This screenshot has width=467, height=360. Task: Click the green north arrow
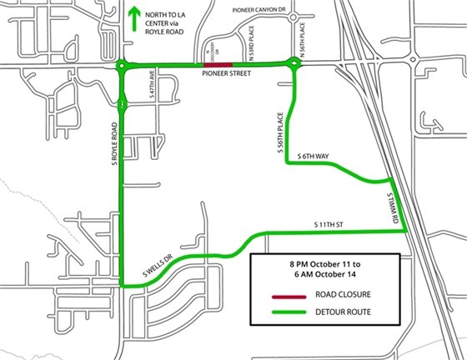pyautogui.click(x=133, y=19)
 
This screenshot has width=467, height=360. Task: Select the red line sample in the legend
pyautogui.click(x=286, y=296)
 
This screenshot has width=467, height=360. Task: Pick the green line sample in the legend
pyautogui.click(x=286, y=311)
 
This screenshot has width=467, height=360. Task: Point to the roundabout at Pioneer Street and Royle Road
pyautogui.click(x=123, y=64)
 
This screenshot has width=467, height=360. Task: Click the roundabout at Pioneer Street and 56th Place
pyautogui.click(x=294, y=63)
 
